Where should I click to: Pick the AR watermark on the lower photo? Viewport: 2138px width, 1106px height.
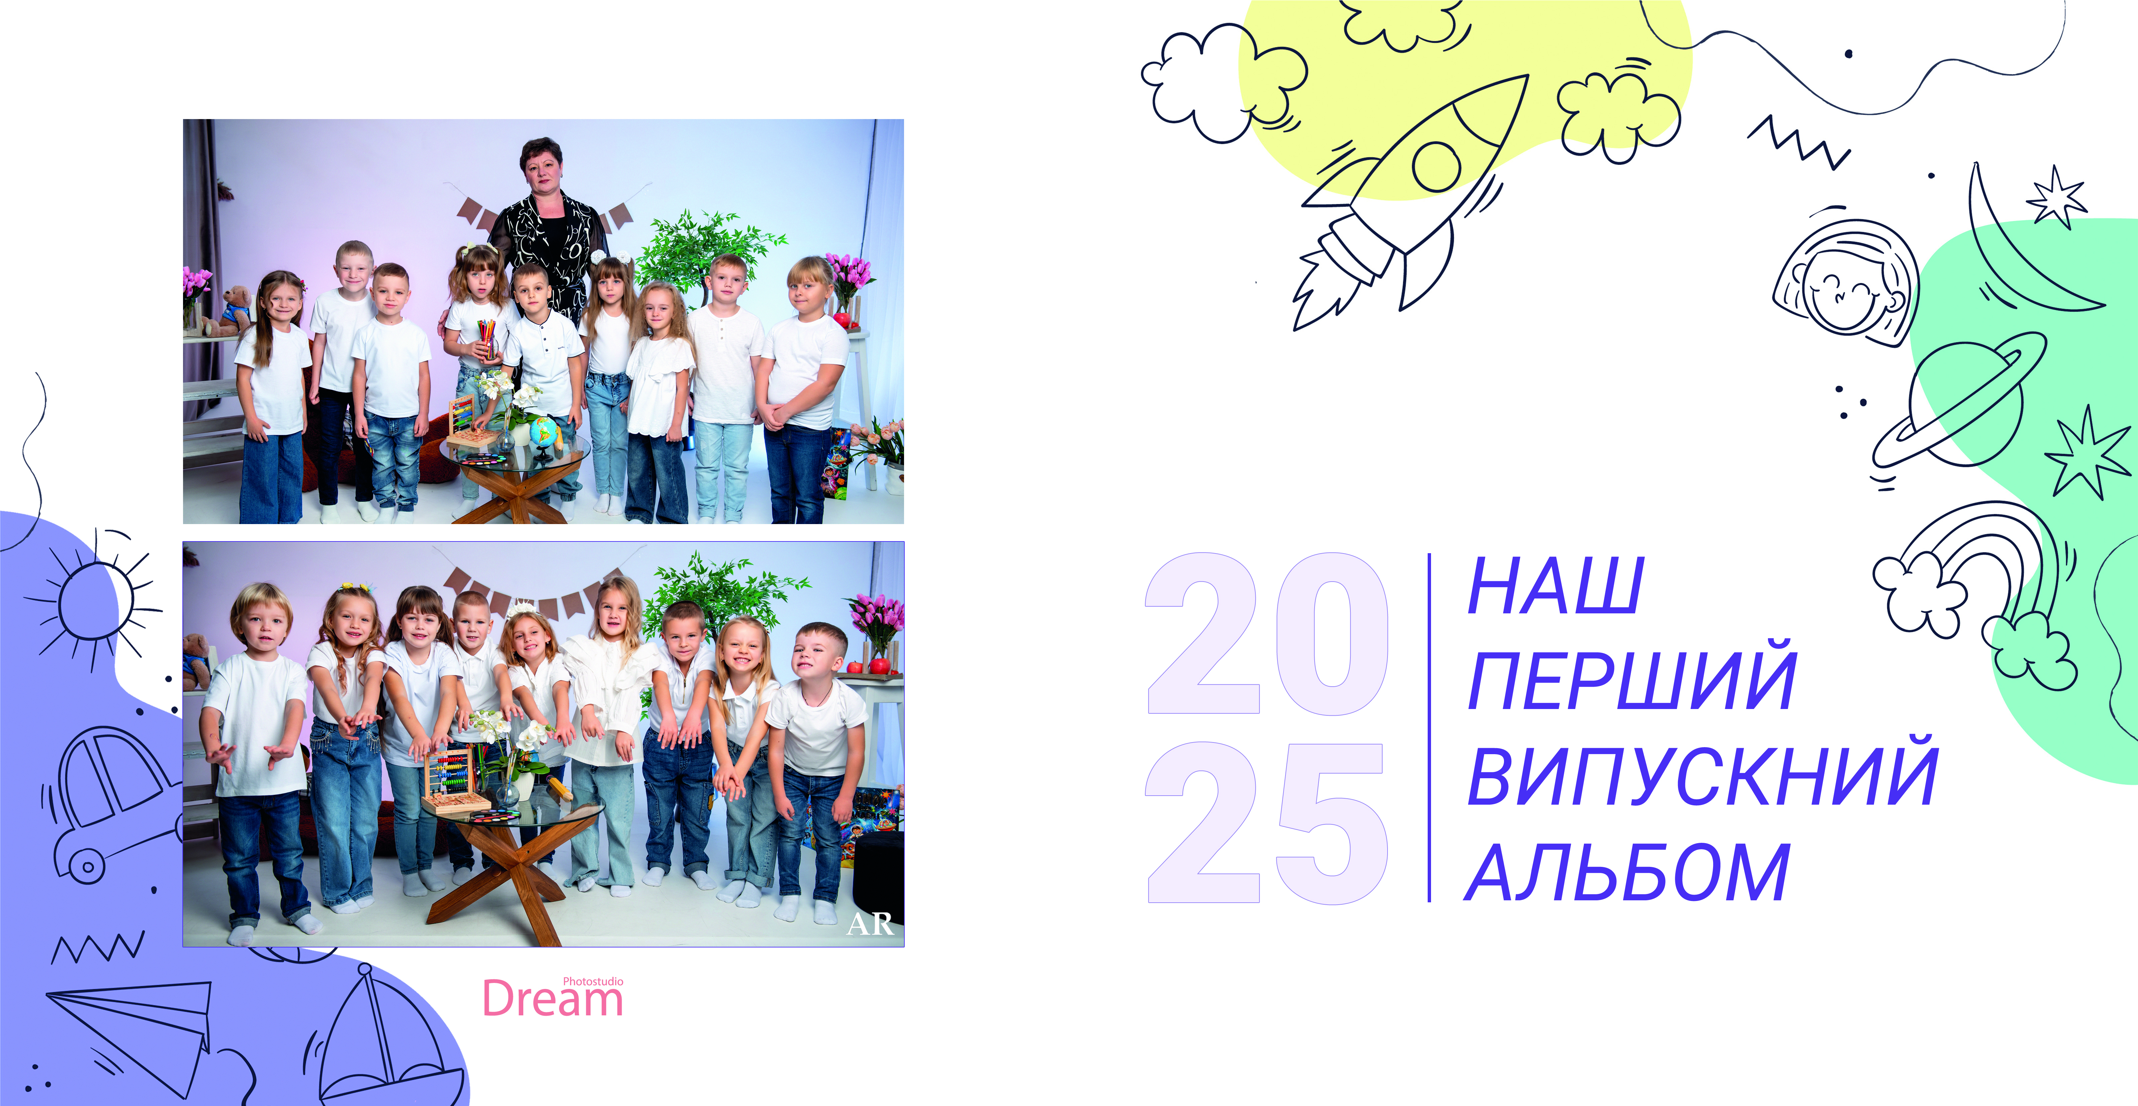tap(870, 923)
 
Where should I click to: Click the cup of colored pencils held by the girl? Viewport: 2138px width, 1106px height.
tap(486, 340)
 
